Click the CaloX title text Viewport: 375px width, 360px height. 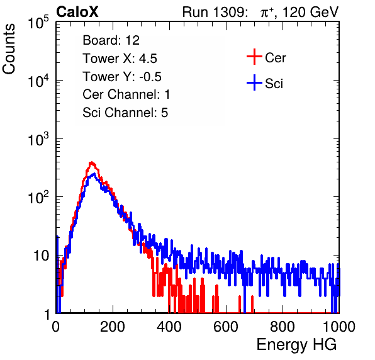77,12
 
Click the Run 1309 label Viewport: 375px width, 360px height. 215,12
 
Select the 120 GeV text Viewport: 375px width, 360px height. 311,12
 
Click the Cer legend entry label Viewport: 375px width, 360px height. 275,58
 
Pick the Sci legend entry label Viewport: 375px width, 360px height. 274,84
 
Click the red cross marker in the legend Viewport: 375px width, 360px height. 254,57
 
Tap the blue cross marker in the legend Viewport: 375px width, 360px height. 254,82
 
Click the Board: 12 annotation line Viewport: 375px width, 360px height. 111,40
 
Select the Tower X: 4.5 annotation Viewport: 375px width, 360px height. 120,59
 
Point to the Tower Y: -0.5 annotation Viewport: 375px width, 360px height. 122,77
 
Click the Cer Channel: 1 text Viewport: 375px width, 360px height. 126,94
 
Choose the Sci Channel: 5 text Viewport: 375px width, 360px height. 125,113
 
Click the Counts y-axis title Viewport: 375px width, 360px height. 9,49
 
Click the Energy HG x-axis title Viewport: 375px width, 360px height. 297,345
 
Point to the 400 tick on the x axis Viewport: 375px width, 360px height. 169,327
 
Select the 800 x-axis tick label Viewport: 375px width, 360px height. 283,327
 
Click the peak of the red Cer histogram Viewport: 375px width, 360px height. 91,162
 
